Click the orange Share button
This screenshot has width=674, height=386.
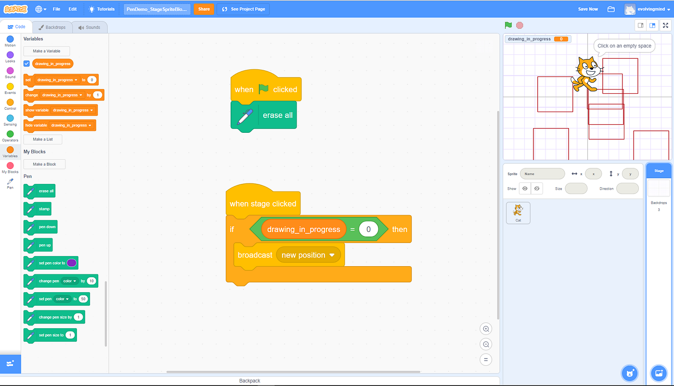(204, 9)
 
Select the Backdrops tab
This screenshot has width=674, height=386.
(52, 27)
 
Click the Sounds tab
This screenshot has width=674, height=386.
(90, 27)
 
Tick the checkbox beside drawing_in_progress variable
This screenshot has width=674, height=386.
(27, 64)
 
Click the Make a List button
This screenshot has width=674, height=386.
(43, 139)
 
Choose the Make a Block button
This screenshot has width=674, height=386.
(44, 164)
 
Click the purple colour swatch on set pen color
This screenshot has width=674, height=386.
(71, 263)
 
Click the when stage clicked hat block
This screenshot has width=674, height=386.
(262, 203)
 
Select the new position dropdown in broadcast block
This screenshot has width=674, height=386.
(308, 255)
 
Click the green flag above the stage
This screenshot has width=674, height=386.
(508, 26)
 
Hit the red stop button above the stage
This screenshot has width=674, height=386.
(519, 26)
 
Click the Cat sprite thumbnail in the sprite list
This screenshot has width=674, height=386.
(518, 212)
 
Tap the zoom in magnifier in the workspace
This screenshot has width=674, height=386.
(486, 329)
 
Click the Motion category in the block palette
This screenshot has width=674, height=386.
(10, 41)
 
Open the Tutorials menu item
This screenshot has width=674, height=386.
(102, 9)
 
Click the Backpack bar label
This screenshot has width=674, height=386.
(249, 381)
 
